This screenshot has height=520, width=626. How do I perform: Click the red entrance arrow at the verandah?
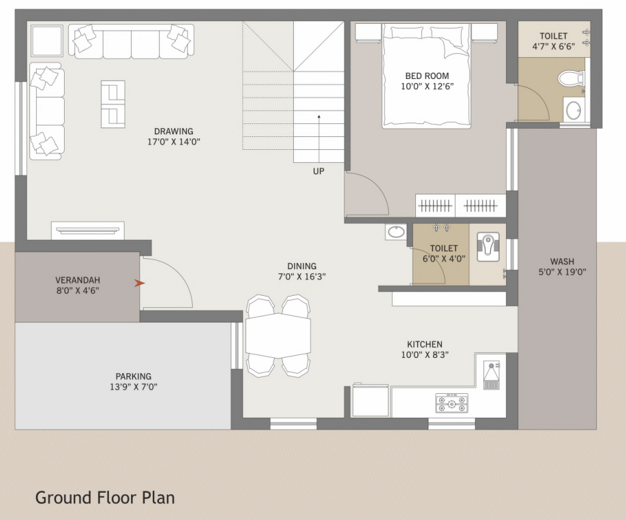tap(140, 283)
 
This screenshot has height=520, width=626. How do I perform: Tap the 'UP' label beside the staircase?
tap(318, 171)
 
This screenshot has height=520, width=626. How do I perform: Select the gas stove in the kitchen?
tap(451, 401)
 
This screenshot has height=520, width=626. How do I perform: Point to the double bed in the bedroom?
tap(426, 75)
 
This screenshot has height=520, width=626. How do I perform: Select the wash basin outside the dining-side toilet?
tap(396, 232)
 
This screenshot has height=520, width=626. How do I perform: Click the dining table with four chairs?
tap(278, 336)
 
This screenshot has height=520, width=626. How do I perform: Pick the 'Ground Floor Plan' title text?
tap(104, 498)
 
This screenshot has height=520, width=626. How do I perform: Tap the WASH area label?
tap(562, 261)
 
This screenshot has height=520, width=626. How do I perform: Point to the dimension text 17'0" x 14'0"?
tap(173, 142)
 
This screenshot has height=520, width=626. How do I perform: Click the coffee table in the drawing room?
tap(113, 104)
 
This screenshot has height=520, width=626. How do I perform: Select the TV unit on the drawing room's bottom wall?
tap(88, 230)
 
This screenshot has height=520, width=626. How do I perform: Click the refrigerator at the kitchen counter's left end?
tap(370, 400)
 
